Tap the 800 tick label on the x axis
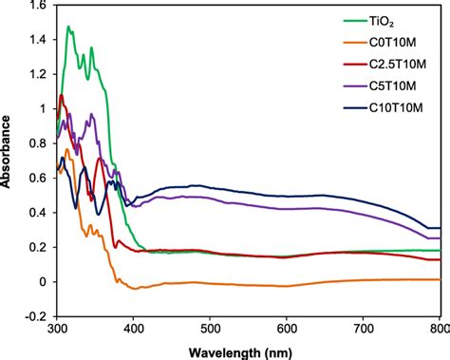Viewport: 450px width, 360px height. (435, 330)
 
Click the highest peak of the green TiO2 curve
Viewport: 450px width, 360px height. (68, 28)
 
